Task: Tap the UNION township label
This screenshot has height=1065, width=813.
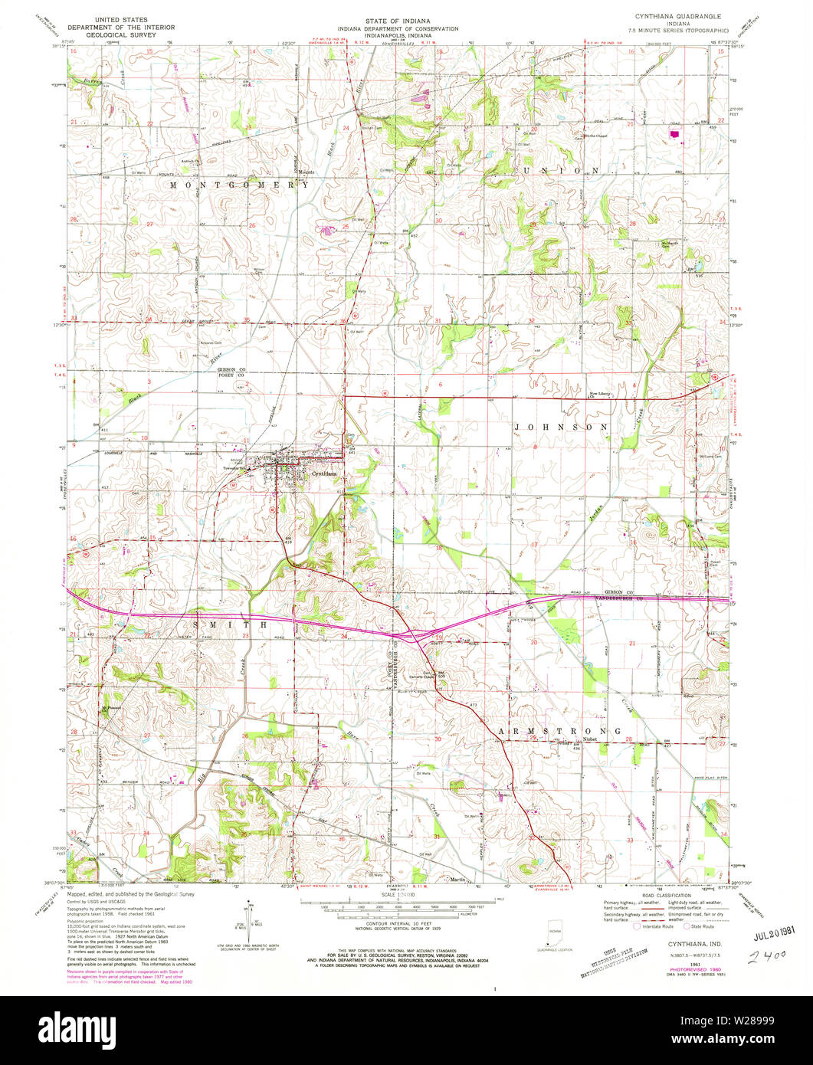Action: [560, 169]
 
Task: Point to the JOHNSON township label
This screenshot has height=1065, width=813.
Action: [561, 427]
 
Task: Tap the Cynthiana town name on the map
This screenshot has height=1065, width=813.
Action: [325, 474]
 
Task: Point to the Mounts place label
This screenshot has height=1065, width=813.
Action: [307, 172]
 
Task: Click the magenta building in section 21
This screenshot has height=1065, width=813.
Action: [674, 133]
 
